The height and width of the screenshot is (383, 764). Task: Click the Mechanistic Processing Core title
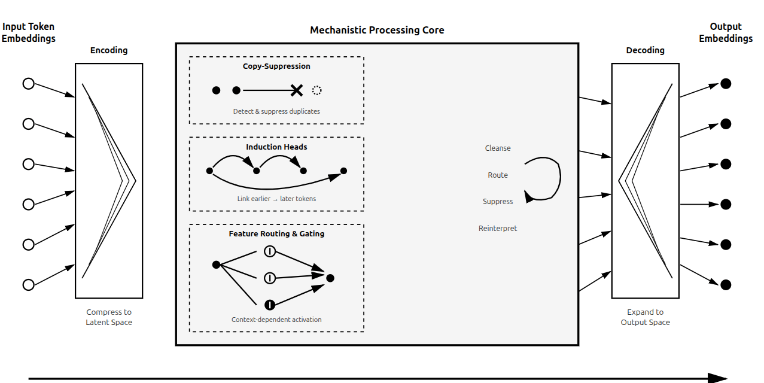(x=377, y=30)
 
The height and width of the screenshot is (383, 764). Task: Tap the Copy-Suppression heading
(x=276, y=66)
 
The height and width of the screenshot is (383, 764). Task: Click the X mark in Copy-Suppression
(x=296, y=90)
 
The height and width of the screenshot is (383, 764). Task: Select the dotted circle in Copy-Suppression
(x=317, y=90)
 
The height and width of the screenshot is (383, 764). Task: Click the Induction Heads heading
(x=276, y=147)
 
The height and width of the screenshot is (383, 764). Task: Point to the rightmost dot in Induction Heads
(x=343, y=171)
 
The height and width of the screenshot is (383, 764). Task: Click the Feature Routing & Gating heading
(x=276, y=234)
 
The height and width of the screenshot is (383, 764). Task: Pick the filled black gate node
(x=270, y=305)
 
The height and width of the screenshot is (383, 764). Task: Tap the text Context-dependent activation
(x=276, y=320)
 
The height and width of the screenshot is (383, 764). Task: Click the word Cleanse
(x=498, y=148)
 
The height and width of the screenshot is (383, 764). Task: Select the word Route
(x=498, y=175)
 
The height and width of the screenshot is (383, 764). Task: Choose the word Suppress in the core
(x=498, y=202)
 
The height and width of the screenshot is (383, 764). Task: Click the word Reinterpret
(x=498, y=229)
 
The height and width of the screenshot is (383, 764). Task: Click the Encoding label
(x=109, y=50)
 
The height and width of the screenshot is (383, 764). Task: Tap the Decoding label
(x=645, y=50)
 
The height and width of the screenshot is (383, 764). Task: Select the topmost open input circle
(x=28, y=84)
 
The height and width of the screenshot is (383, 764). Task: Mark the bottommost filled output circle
(x=726, y=285)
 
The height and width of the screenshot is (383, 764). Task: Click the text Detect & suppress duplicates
(x=276, y=111)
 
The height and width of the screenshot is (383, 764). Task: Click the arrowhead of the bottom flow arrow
(x=719, y=378)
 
